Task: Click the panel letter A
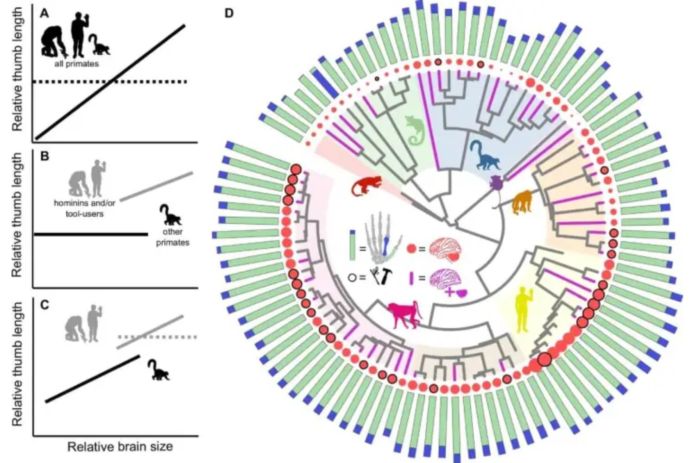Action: [x=44, y=13]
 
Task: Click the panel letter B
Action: [x=44, y=156]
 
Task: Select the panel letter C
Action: [x=44, y=305]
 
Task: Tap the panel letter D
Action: [x=229, y=13]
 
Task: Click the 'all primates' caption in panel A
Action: [x=76, y=64]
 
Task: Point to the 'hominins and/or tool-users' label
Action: [x=84, y=209]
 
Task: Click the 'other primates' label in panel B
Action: [x=172, y=237]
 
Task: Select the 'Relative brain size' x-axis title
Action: [x=120, y=447]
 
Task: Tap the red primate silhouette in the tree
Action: [x=366, y=186]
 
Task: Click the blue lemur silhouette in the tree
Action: [x=485, y=156]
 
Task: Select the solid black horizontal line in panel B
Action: [x=90, y=235]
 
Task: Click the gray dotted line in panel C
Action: [x=158, y=337]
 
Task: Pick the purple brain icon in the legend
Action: [x=445, y=279]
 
